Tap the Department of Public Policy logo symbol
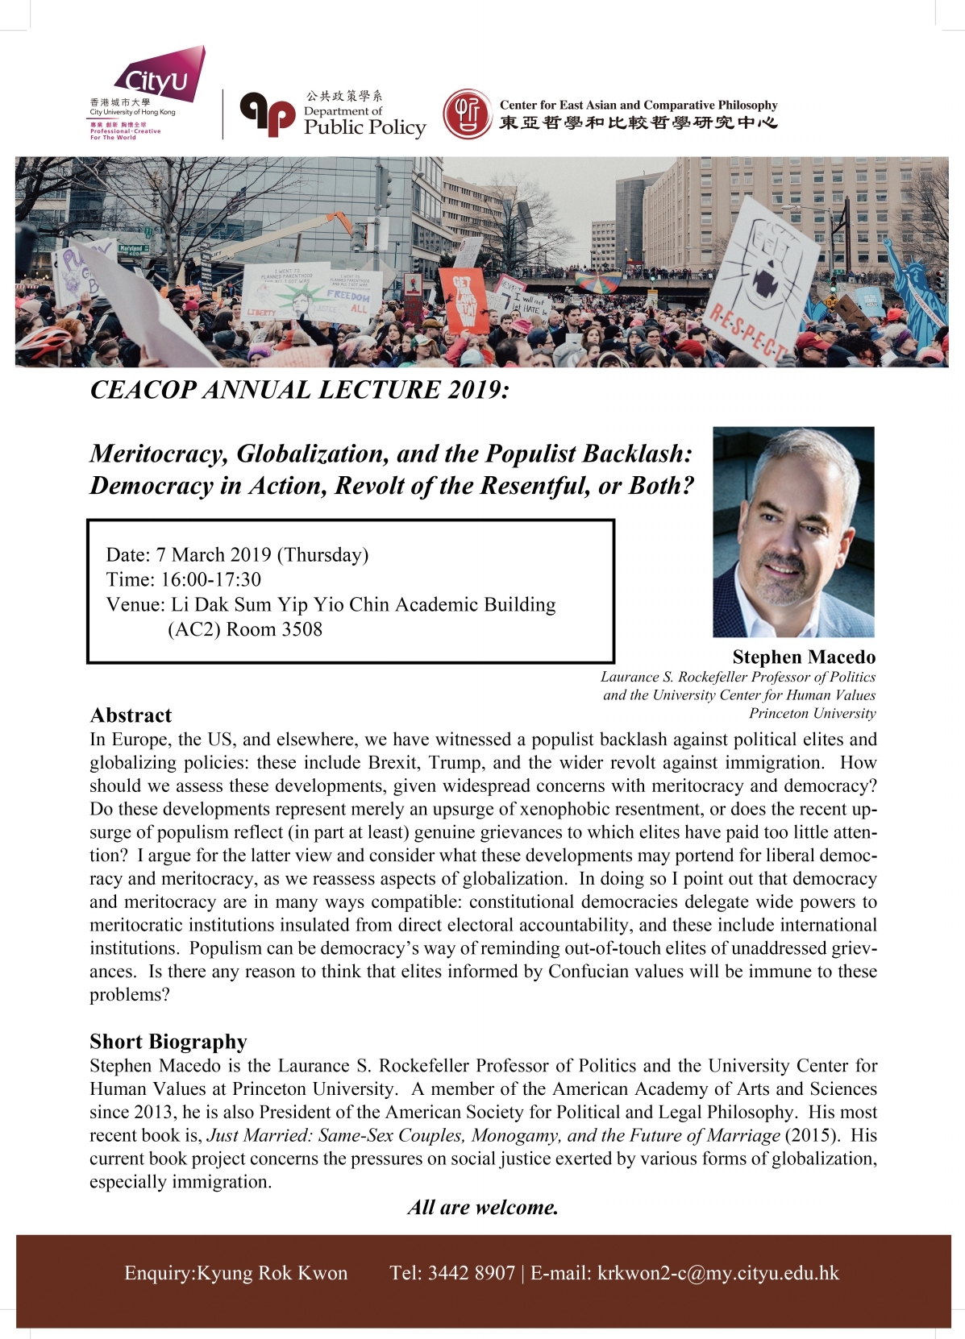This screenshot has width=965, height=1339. point(268,114)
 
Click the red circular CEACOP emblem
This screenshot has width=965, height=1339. point(467,114)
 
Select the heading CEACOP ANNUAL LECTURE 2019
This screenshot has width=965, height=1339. point(300,390)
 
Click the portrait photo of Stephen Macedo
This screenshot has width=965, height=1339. point(793,532)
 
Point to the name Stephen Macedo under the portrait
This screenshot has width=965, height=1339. point(803,657)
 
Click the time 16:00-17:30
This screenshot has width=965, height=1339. point(211,579)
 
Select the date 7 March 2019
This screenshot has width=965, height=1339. point(214,554)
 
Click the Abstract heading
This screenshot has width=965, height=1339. point(131,715)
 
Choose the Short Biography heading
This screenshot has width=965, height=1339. point(168,1042)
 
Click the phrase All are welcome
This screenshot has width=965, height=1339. point(483,1207)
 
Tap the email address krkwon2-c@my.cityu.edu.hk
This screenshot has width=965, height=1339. point(718,1273)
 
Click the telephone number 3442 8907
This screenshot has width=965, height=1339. point(472,1273)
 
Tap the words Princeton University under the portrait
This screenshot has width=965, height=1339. point(812,713)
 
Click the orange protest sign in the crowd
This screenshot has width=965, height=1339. point(464,300)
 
